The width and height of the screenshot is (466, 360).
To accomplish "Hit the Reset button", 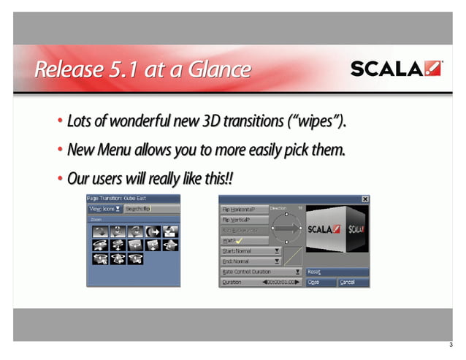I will pos(337,271).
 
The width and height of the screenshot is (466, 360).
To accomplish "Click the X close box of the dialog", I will pos(364,199).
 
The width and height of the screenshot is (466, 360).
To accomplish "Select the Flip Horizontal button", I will pos(244,210).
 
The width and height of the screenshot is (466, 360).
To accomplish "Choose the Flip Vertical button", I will pos(244,219).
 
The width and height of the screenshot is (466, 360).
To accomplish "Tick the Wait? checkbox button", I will pos(244,240).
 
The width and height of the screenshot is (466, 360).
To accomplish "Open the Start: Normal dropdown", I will pos(251,250).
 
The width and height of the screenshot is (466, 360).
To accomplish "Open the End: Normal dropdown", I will pos(251,261).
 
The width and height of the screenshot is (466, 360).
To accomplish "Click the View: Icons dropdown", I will pos(104,209).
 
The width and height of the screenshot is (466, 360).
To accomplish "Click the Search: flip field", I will pos(150,209).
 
